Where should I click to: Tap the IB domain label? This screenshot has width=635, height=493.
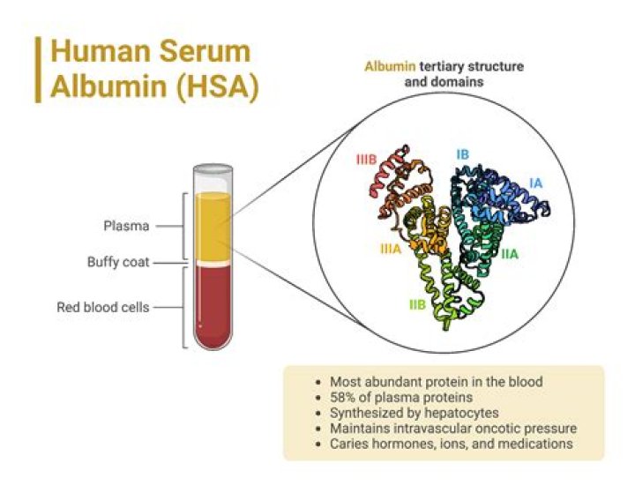(462, 154)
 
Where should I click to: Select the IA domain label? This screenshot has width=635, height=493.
(535, 183)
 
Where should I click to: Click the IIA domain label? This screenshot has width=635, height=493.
(510, 254)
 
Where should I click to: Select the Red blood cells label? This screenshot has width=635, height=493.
(103, 307)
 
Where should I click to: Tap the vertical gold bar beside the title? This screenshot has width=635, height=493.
(38, 70)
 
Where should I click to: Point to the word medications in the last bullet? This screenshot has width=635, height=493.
(534, 443)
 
